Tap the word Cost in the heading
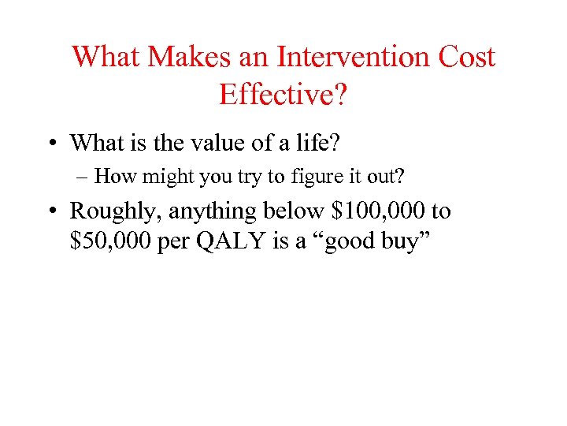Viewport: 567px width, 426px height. [467, 58]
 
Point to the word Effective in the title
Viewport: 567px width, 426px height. [277, 94]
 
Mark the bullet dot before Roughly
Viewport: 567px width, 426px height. [54, 211]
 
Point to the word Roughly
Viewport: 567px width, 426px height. [113, 211]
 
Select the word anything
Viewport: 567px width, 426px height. [206, 211]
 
